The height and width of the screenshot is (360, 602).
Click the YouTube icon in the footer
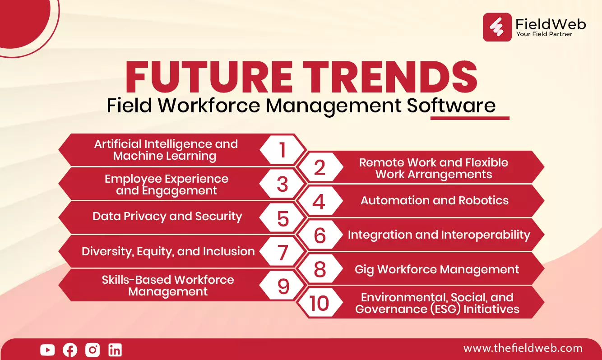point(47,350)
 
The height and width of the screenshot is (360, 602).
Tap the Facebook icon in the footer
point(70,350)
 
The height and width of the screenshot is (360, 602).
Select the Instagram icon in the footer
point(93,350)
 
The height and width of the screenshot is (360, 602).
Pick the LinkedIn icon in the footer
point(115,350)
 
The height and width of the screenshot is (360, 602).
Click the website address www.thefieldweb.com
point(523,348)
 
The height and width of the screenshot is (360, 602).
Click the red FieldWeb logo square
point(497,27)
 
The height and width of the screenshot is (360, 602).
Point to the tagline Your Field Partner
point(544,34)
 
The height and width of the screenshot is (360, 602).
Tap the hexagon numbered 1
point(282,150)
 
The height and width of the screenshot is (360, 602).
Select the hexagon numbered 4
point(320,201)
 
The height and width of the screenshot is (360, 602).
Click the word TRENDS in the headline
point(390,77)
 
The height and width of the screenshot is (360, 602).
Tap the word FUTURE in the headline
point(208,77)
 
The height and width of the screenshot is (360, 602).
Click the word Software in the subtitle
point(451,105)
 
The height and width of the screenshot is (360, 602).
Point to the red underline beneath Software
point(470,118)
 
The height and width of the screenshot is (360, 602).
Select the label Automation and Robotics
point(435,200)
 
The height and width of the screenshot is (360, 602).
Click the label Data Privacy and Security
point(167,217)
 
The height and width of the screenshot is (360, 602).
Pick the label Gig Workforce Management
point(437,269)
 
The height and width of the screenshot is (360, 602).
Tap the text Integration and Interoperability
point(439,235)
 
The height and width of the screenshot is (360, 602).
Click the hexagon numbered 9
point(282,286)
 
